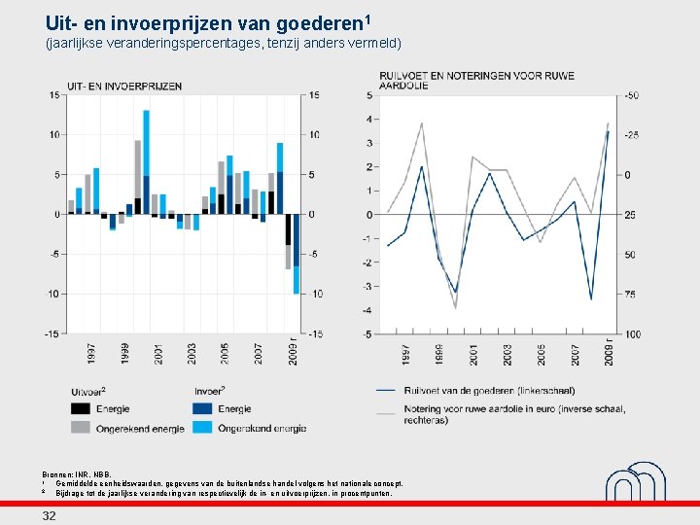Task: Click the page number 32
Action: [49, 515]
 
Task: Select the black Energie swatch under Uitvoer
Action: [81, 409]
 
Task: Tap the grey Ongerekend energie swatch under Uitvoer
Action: [81, 427]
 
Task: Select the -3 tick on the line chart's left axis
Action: [368, 286]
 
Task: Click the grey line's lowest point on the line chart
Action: [455, 307]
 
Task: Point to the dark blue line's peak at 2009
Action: [608, 132]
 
